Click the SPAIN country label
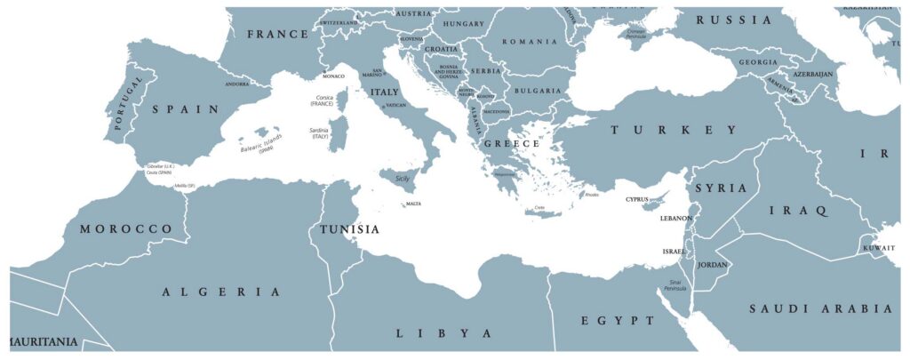[186, 109]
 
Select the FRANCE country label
[277, 34]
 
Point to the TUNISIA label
[349, 229]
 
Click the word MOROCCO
[125, 229]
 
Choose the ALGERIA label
[222, 292]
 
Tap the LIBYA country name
[443, 333]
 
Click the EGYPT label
[611, 320]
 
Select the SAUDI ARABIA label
[820, 308]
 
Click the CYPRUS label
[638, 199]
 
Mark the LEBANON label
[675, 218]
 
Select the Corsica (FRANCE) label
[322, 100]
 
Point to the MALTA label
[413, 204]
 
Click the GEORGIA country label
[757, 62]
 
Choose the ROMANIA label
[530, 42]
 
